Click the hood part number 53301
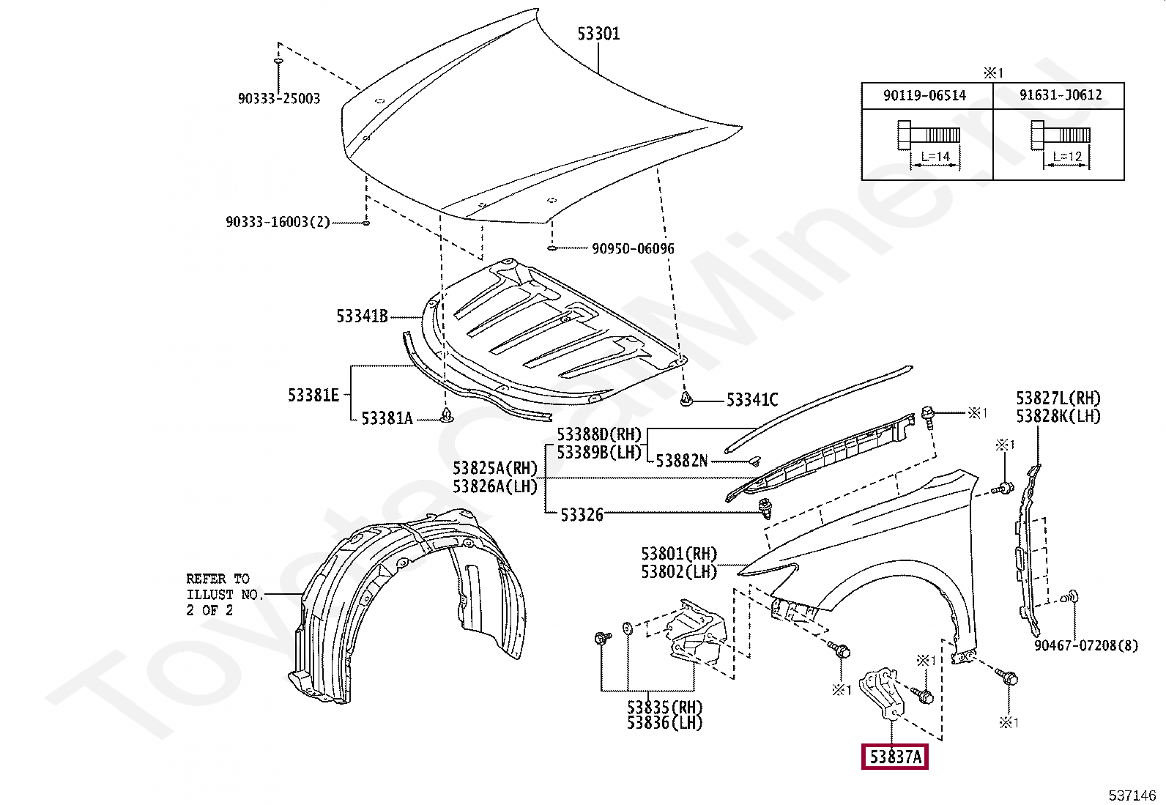[598, 34]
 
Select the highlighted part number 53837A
[894, 757]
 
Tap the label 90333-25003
[278, 98]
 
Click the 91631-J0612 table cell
[1058, 95]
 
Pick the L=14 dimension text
[934, 156]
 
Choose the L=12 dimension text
[1066, 156]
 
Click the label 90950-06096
[633, 249]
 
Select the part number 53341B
[362, 316]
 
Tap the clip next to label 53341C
[686, 399]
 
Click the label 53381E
[313, 396]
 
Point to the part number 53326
[582, 515]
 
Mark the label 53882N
[681, 461]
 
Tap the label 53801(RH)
[679, 554]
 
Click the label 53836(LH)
[664, 723]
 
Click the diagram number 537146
[1132, 795]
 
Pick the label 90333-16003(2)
[278, 222]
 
